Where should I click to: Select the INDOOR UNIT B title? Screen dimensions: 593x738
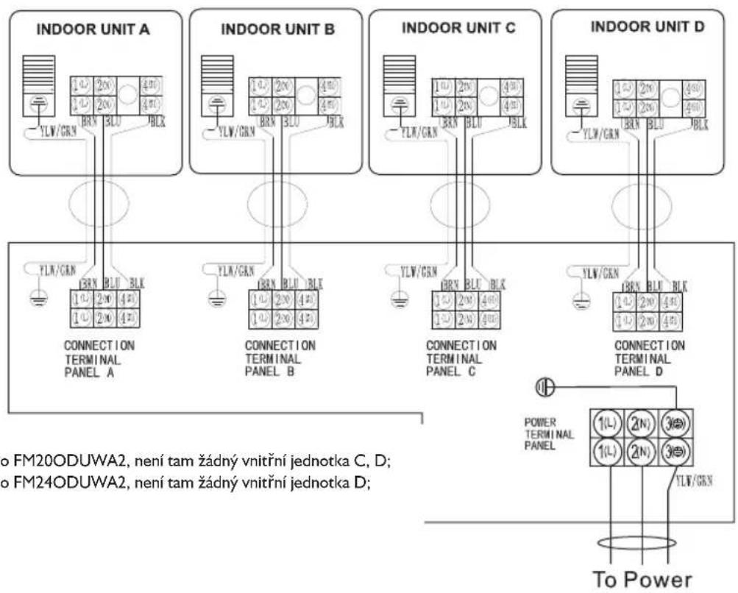point(277,30)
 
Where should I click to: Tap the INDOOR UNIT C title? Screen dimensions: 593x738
point(458,29)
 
